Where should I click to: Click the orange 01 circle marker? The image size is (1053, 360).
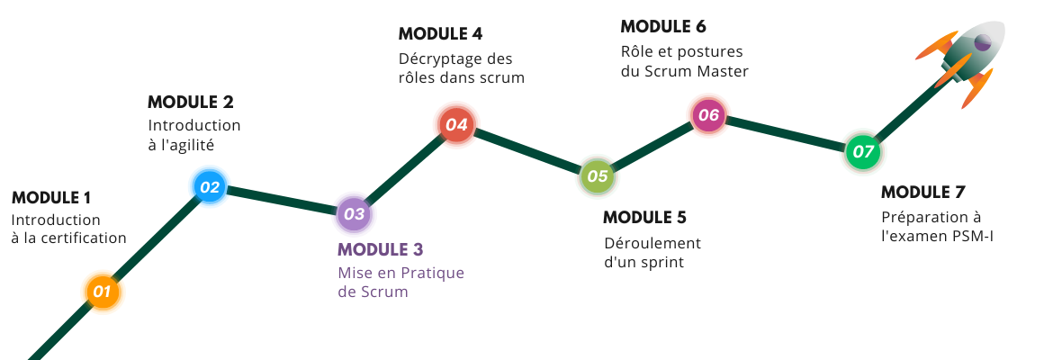[x=102, y=292]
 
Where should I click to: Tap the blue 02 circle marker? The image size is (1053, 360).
[x=210, y=186]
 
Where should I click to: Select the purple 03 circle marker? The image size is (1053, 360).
[x=354, y=214]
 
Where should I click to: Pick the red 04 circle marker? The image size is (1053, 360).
[x=456, y=124]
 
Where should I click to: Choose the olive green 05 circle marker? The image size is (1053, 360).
[x=597, y=176]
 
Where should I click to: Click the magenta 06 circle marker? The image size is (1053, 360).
[x=708, y=115]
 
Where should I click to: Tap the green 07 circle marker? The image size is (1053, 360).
[x=863, y=152]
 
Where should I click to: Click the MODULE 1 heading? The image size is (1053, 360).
[x=51, y=198]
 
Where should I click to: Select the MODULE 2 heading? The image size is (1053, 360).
[x=191, y=102]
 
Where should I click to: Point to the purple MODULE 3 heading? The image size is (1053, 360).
[x=380, y=250]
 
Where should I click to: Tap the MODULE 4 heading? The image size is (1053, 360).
[x=440, y=33]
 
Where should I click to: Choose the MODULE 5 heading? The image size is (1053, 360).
[x=644, y=218]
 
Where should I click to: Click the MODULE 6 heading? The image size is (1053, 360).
[x=663, y=26]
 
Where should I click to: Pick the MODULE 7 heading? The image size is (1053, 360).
[x=923, y=192]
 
